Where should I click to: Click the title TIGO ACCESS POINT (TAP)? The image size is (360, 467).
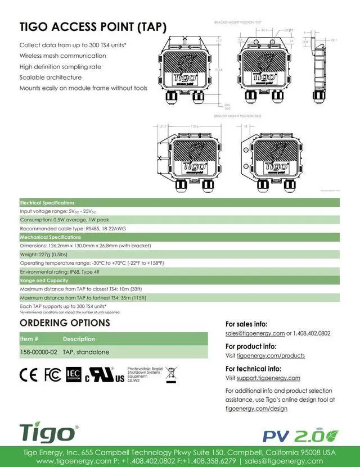[x=93, y=26]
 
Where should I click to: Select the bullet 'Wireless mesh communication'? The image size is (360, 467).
[x=62, y=56]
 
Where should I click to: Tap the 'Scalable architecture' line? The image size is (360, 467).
[x=50, y=77]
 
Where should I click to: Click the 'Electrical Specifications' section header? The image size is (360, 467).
[x=47, y=202]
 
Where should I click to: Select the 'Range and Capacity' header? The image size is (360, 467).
[x=44, y=280]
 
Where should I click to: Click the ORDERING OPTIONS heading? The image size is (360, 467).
[x=65, y=323]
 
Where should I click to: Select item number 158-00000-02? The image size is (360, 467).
[x=38, y=352]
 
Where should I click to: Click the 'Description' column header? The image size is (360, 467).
[x=79, y=339]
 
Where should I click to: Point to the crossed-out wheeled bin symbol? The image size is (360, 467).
[x=172, y=375]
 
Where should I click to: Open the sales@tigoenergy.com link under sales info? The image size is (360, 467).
[x=255, y=333]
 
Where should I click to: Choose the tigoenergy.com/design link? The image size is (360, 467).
[x=256, y=409]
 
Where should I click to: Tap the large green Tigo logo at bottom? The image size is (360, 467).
[x=48, y=433]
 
